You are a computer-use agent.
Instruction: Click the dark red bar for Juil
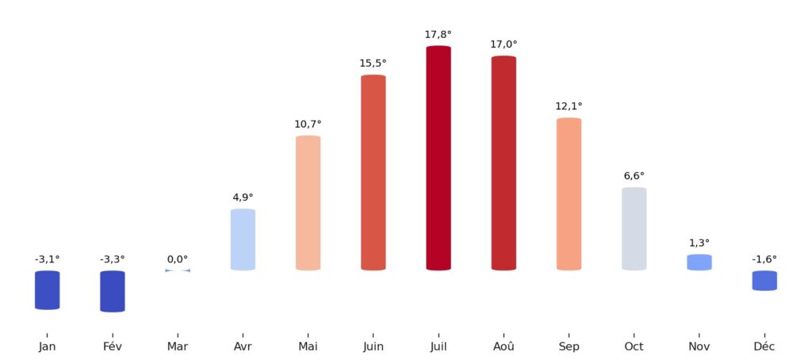[439, 158]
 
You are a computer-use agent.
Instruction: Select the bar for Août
[504, 163]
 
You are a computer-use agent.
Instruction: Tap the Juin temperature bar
[373, 172]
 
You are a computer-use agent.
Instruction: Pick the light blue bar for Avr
[243, 239]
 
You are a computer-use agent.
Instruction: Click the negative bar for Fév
[113, 291]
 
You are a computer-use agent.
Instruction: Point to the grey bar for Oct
[634, 228]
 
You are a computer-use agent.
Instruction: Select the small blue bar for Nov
[699, 262]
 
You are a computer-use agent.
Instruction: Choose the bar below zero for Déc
[764, 281]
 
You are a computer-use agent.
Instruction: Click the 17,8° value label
[439, 34]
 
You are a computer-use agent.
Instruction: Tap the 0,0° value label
[178, 259]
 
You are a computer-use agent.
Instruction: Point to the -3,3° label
[113, 259]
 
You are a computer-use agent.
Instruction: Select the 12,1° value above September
[569, 106]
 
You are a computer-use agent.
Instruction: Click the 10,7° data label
[308, 124]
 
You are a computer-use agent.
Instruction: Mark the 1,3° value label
[699, 243]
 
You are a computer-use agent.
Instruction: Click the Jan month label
[48, 347]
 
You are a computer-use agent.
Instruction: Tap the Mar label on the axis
[178, 347]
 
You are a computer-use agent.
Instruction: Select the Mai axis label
[308, 347]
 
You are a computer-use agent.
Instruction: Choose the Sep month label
[569, 347]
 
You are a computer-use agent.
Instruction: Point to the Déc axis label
[764, 347]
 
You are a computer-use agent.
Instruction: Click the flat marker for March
[178, 270]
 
